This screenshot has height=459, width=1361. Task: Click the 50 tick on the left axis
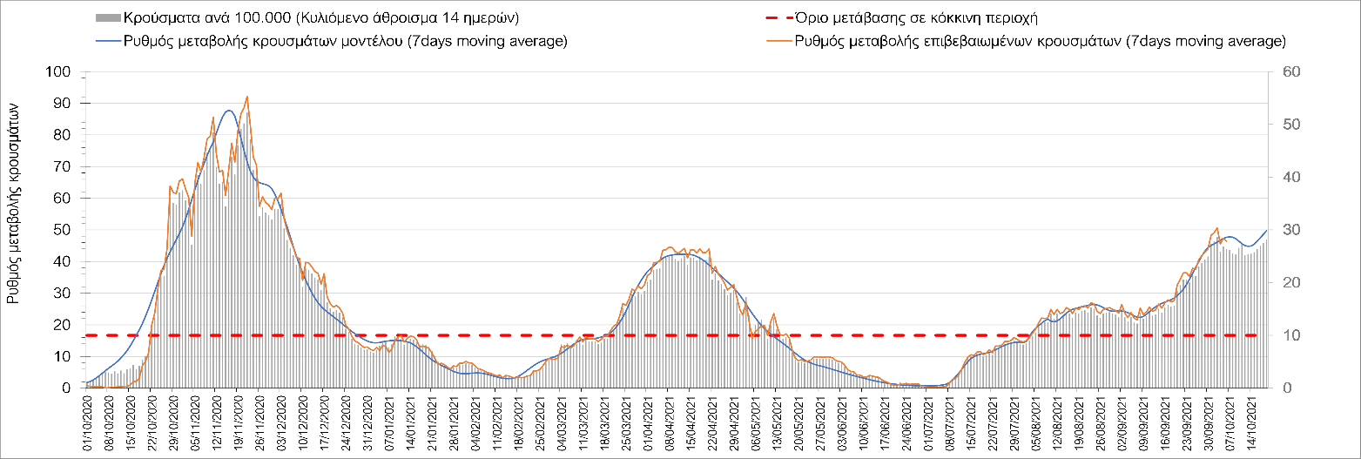61,230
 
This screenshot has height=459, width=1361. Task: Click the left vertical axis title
15,200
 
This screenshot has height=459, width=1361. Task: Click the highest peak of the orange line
247,97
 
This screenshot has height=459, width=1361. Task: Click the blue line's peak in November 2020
228,111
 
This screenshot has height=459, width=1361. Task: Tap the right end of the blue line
1266,230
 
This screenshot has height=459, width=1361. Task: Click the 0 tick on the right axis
1279,388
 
